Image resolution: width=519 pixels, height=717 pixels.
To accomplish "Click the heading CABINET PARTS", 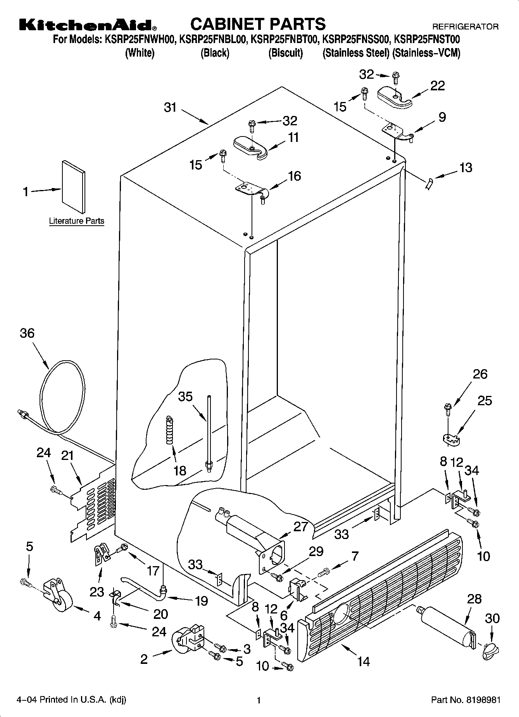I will pyautogui.click(x=258, y=24).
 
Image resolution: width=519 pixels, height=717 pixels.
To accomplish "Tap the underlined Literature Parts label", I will pyautogui.click(x=76, y=221).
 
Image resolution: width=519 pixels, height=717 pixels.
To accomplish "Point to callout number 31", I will pyautogui.click(x=170, y=107).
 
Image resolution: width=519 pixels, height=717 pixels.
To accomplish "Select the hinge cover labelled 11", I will pyautogui.click(x=251, y=147).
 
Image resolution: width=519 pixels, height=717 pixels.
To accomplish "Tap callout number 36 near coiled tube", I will pyautogui.click(x=27, y=333).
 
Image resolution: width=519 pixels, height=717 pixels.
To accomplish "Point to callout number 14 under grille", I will pyautogui.click(x=363, y=661).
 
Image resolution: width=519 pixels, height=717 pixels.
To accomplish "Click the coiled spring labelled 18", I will pyautogui.click(x=169, y=430).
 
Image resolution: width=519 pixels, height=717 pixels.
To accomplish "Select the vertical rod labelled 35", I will pyautogui.click(x=209, y=430).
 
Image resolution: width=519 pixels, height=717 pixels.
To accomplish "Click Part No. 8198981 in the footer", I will pyautogui.click(x=466, y=700).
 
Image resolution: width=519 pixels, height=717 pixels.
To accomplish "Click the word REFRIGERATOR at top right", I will pyautogui.click(x=465, y=27).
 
